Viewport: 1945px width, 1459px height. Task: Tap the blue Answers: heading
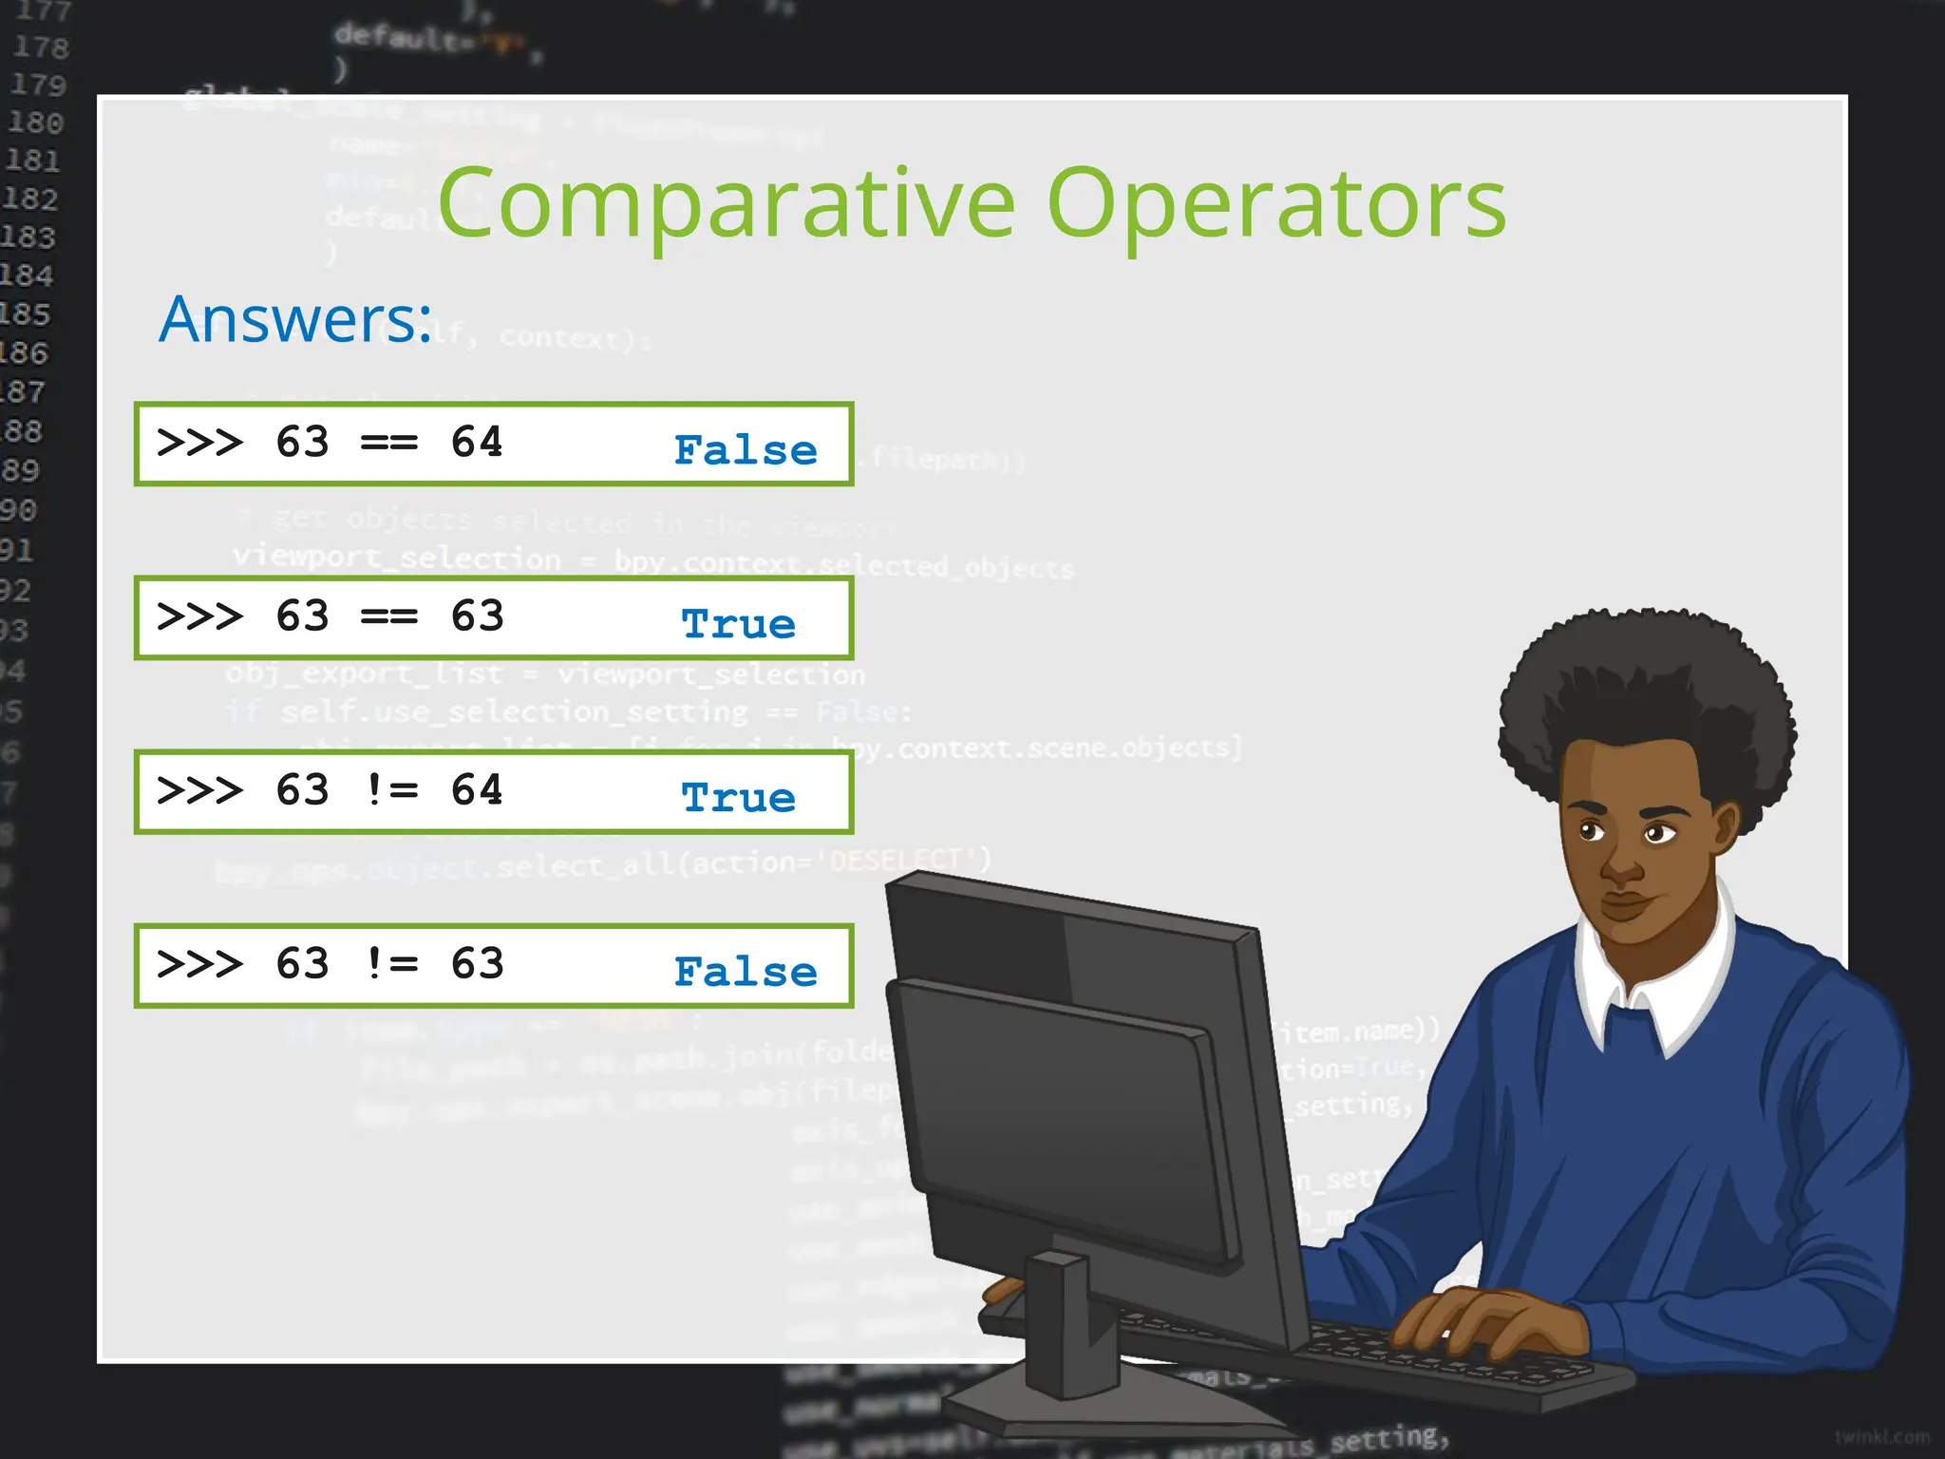295,319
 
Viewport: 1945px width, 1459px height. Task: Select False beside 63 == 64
746,450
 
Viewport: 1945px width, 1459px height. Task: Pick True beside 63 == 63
739,624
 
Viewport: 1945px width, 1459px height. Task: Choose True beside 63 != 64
739,798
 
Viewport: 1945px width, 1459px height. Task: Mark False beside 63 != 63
746,972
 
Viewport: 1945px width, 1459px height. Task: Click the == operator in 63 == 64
389,443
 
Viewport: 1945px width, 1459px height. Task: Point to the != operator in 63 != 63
391,964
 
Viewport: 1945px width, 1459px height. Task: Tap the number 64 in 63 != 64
477,790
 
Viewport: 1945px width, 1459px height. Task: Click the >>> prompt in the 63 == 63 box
199,616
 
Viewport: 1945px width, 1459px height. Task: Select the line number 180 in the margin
35,123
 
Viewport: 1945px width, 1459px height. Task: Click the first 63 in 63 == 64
302,443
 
